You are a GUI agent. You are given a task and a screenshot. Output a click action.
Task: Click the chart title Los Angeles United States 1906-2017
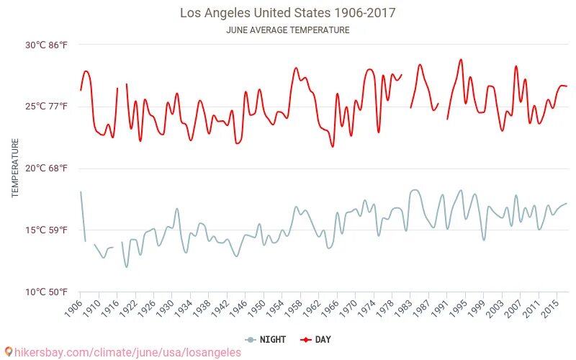(x=287, y=13)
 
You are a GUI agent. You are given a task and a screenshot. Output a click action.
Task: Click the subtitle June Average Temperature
(x=287, y=30)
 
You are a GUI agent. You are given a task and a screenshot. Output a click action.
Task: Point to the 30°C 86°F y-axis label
(x=47, y=45)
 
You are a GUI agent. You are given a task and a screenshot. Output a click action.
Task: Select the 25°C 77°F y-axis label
(x=47, y=107)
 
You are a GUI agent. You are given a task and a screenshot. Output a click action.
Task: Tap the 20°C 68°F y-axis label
(x=47, y=168)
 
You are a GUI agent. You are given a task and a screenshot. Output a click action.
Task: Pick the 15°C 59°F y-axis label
(x=47, y=230)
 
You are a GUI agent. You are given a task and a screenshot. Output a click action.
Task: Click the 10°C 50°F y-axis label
(x=47, y=292)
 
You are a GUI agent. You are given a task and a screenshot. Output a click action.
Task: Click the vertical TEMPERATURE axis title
(x=15, y=168)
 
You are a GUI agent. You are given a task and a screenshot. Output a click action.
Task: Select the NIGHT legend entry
(x=266, y=340)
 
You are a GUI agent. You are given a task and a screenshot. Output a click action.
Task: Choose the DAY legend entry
(x=316, y=340)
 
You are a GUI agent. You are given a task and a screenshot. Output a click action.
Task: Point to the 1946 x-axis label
(x=241, y=308)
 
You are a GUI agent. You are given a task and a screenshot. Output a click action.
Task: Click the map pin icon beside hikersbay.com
(x=8, y=352)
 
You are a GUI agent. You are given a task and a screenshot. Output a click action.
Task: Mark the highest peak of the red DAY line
(x=461, y=60)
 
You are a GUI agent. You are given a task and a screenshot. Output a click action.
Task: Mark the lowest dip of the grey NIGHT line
(x=127, y=267)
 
